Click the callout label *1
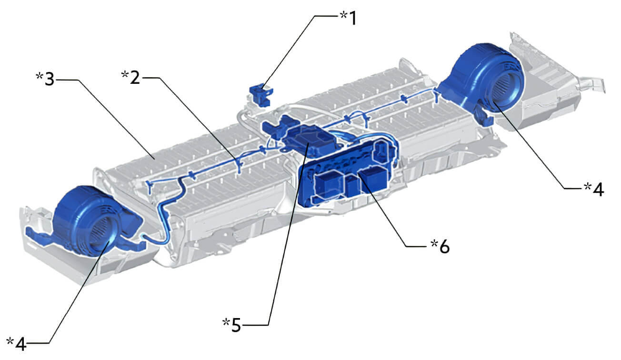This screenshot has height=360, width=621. coord(348,18)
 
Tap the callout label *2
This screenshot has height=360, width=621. coord(130,77)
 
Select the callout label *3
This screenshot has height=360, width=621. coord(45,79)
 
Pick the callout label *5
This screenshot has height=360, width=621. coord(232,325)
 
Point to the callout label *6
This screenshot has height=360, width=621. coord(440,246)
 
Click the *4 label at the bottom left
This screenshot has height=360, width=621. coord(16,344)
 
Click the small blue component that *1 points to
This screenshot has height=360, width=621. coord(260,95)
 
